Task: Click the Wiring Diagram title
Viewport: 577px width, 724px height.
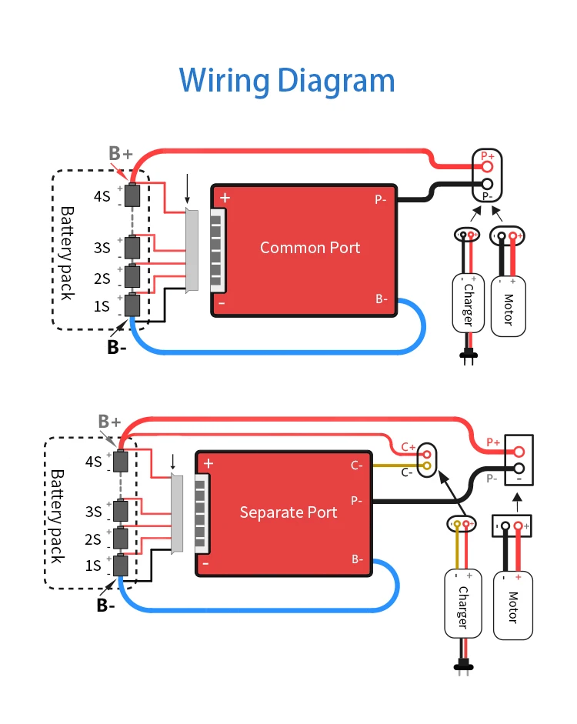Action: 287,80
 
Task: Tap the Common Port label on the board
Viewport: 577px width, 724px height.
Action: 309,248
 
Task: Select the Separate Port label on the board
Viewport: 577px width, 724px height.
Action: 288,512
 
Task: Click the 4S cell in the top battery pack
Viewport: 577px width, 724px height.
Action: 133,195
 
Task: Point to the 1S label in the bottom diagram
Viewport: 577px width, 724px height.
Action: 93,566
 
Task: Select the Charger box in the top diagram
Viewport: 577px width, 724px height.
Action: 467,305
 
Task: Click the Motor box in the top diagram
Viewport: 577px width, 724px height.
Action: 508,305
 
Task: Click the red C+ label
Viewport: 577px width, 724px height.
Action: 408,447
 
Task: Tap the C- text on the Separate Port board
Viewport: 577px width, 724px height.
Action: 357,465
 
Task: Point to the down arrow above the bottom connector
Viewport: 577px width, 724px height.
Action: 173,462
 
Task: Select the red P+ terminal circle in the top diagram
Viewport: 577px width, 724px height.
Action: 487,165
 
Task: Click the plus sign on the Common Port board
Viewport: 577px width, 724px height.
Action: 225,198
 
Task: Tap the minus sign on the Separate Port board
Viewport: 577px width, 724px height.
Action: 206,563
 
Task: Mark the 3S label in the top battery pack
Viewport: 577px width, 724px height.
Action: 102,248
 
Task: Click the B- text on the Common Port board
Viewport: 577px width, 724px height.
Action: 382,299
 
